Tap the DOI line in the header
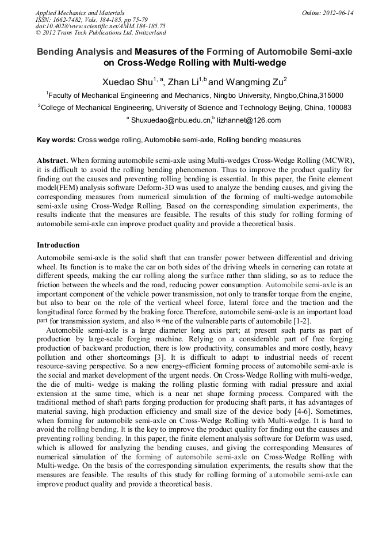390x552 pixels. point(101,26)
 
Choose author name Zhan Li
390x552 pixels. point(183,83)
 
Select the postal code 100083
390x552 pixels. point(335,108)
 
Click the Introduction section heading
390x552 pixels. point(58,245)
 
